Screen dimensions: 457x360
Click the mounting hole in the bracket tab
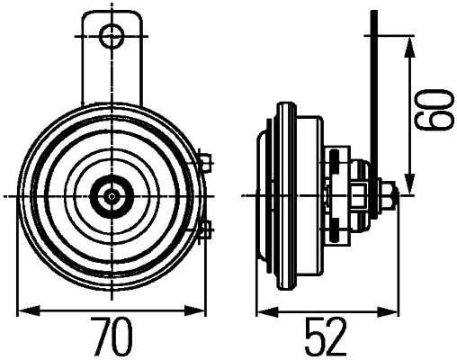tap(112, 37)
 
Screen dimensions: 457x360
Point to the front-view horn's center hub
tap(112, 196)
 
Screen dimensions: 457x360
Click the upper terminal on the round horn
tap(206, 163)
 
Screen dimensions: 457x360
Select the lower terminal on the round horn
tap(206, 230)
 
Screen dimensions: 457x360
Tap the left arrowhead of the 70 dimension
tap(29, 310)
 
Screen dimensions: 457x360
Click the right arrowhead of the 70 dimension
tap(195, 310)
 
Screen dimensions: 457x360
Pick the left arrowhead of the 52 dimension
tap(268, 311)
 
